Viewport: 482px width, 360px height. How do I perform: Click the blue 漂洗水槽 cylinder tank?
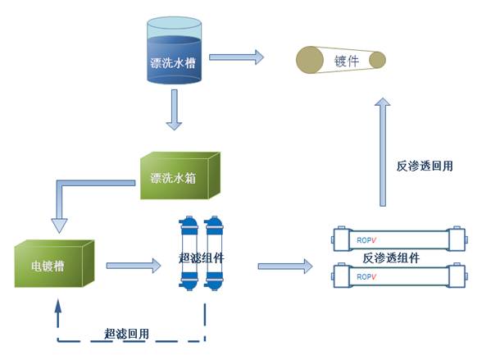[x=174, y=50]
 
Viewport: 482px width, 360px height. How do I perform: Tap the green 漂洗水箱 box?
[x=180, y=175]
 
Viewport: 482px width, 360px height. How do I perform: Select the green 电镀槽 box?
[x=54, y=264]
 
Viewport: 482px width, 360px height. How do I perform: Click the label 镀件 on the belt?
[x=347, y=61]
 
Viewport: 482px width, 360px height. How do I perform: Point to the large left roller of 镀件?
[x=310, y=60]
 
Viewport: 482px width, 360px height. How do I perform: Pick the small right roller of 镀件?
[x=377, y=60]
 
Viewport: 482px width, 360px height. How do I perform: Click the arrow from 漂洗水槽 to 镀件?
[x=236, y=57]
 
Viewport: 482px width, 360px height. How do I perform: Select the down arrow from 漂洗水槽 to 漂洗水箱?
[x=174, y=110]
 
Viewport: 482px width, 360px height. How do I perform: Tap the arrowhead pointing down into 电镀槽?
[x=59, y=226]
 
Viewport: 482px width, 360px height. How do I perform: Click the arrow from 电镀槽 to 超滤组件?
[x=134, y=266]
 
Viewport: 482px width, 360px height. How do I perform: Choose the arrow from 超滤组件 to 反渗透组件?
[x=285, y=267]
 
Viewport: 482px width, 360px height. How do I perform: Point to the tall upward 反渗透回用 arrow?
[x=383, y=152]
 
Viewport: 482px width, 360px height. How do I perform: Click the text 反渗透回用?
[x=425, y=166]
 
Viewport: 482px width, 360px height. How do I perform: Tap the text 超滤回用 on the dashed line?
[x=126, y=334]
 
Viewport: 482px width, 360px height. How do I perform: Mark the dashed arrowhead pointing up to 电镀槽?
[x=57, y=306]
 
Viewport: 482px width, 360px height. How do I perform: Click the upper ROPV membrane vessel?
[x=400, y=239]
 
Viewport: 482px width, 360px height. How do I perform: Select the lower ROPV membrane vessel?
[x=400, y=276]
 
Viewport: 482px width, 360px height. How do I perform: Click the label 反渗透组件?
[x=391, y=257]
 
